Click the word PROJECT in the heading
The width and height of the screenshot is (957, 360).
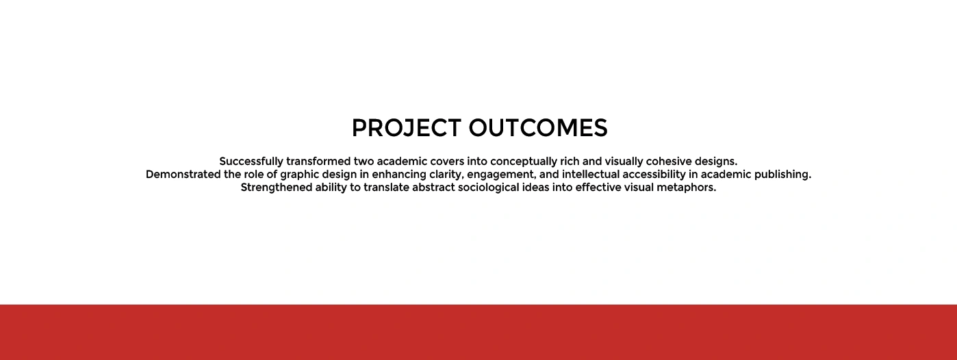407,128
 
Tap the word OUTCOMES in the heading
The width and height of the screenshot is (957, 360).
538,128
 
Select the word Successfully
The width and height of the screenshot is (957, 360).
251,162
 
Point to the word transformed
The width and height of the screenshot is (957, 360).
319,162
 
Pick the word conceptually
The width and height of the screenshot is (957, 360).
524,162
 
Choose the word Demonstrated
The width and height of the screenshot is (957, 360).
183,175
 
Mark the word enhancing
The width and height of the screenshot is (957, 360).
399,175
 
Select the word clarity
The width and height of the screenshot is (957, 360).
446,175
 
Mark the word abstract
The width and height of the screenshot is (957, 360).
433,187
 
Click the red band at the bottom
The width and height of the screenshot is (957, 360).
478,332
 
